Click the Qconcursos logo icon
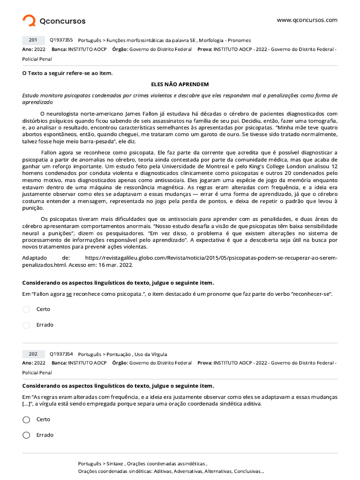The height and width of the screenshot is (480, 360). pyautogui.click(x=29, y=21)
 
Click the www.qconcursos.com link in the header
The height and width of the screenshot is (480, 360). pyautogui.click(x=307, y=20)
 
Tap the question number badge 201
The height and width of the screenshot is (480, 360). pyautogui.click(x=33, y=40)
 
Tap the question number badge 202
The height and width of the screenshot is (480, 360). pyautogui.click(x=33, y=354)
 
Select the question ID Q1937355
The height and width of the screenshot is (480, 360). pyautogui.click(x=61, y=40)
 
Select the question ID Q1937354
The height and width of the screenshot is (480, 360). pyautogui.click(x=61, y=354)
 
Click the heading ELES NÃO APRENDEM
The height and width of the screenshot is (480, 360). pyautogui.click(x=180, y=84)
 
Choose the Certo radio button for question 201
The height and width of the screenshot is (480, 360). pyautogui.click(x=26, y=309)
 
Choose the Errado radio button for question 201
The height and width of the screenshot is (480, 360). pyautogui.click(x=26, y=325)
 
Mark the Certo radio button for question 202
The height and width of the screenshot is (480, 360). pyautogui.click(x=26, y=420)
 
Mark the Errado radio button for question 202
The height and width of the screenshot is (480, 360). pyautogui.click(x=26, y=435)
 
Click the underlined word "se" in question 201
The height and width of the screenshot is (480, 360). pyautogui.click(x=69, y=294)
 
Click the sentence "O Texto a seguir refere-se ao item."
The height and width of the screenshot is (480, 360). pyautogui.click(x=67, y=73)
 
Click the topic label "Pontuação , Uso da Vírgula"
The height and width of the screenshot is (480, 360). pyautogui.click(x=136, y=354)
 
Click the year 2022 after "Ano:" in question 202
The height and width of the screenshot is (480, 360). pyautogui.click(x=40, y=363)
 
